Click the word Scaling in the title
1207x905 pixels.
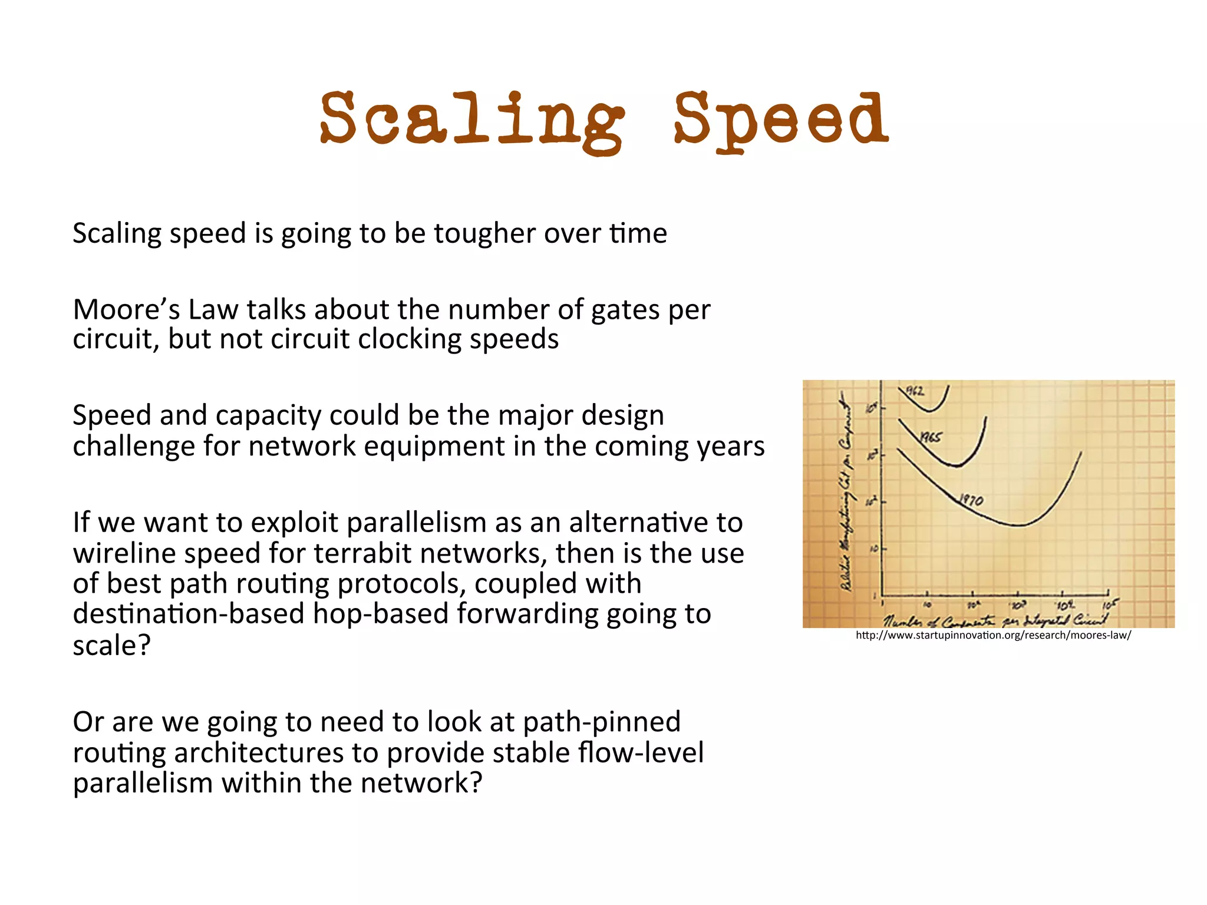pyautogui.click(x=471, y=121)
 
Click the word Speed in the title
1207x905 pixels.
pyautogui.click(x=781, y=121)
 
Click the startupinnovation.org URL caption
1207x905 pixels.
pyautogui.click(x=993, y=635)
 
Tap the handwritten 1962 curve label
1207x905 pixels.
pyautogui.click(x=915, y=391)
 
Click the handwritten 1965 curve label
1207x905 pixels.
pyautogui.click(x=931, y=437)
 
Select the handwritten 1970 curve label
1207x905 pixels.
pyautogui.click(x=971, y=500)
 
